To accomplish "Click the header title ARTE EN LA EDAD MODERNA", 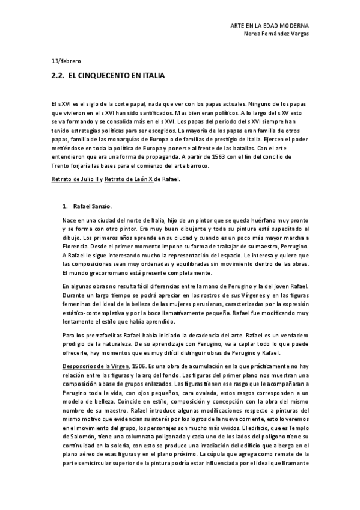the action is (x=270, y=26).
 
